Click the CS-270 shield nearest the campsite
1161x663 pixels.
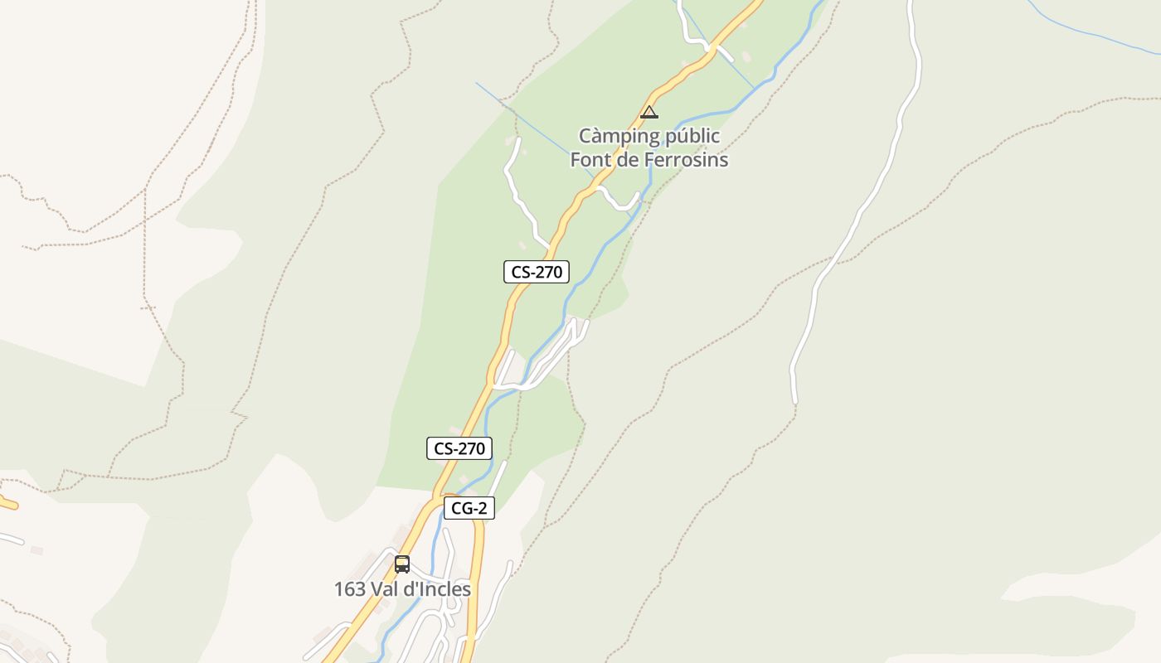[537, 272]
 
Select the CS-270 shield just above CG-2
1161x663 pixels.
[459, 448]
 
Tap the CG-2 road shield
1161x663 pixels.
[469, 508]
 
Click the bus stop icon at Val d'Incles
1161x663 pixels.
[402, 564]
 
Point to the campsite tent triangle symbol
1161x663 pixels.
[649, 112]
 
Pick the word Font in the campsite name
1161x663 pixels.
[590, 159]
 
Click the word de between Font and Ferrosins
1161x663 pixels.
[628, 159]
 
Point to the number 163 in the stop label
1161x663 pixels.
[350, 589]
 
